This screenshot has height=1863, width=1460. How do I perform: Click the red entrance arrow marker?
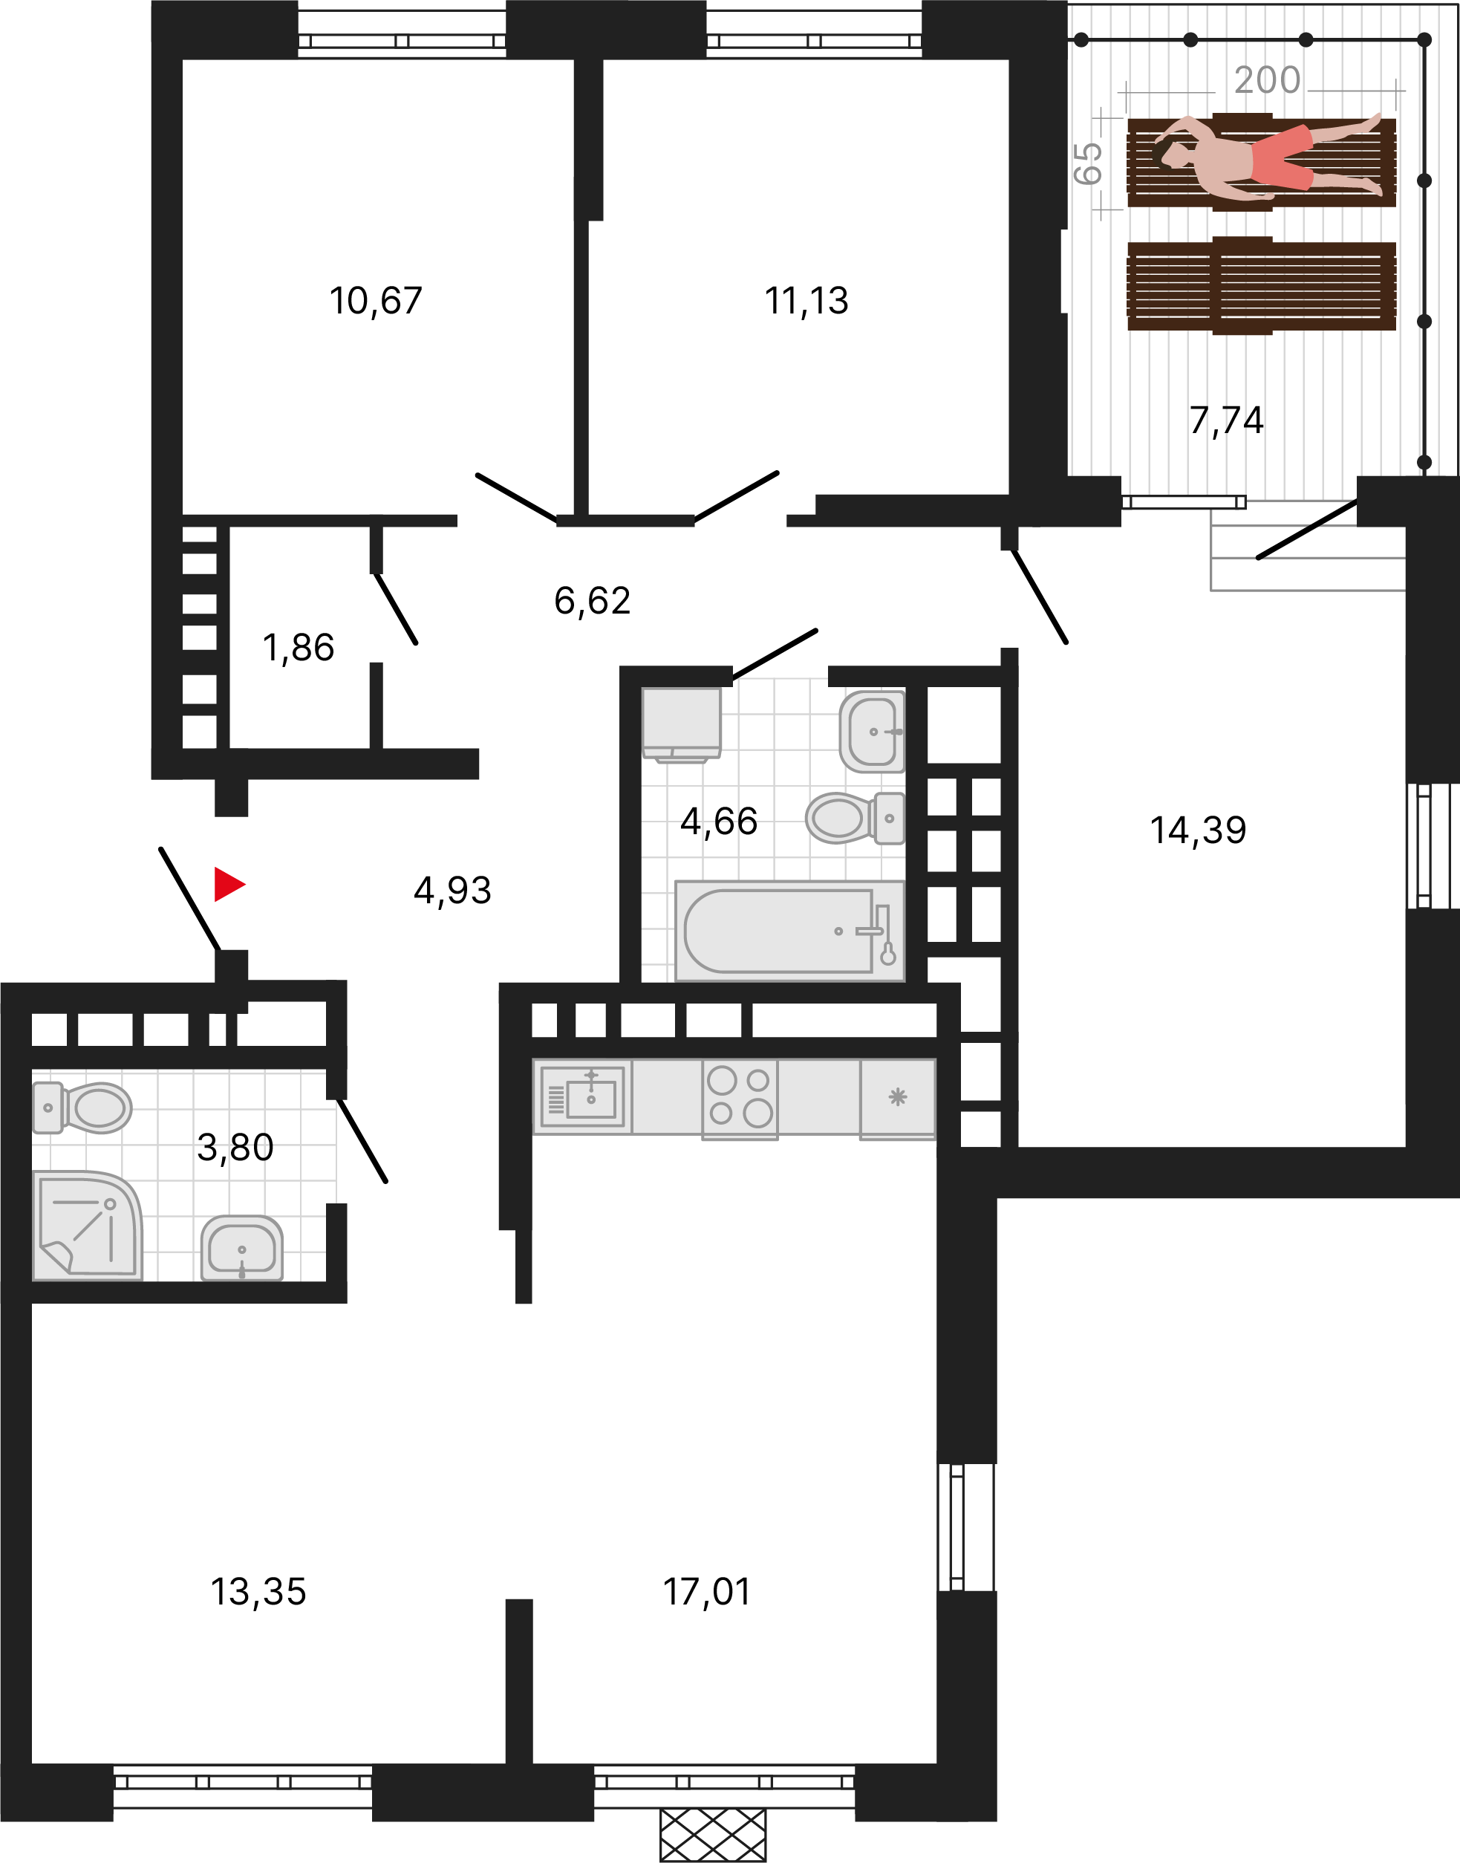click(x=228, y=884)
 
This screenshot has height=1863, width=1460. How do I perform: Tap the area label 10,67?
click(x=376, y=301)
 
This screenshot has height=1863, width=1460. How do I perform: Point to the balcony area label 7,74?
click(x=1226, y=420)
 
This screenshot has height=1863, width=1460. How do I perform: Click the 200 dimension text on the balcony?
click(x=1267, y=80)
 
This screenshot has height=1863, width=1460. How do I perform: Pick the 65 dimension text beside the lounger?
click(x=1087, y=163)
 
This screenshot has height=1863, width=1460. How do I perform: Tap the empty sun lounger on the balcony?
click(x=1262, y=285)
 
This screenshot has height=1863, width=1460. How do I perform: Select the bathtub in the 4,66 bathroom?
click(x=789, y=931)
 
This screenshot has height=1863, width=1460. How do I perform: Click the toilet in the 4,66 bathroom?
click(x=854, y=817)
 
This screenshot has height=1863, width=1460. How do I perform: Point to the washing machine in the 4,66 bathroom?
click(x=681, y=724)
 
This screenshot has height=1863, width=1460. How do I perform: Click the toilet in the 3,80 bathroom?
click(x=82, y=1108)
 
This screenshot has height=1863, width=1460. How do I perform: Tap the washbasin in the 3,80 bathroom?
click(x=242, y=1247)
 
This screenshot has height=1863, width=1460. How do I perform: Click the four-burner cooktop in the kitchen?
click(x=740, y=1099)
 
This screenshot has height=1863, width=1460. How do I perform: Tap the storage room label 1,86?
click(x=299, y=648)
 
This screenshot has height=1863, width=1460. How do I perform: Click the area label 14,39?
click(x=1198, y=830)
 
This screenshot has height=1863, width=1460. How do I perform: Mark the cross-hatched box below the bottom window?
click(x=713, y=1835)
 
